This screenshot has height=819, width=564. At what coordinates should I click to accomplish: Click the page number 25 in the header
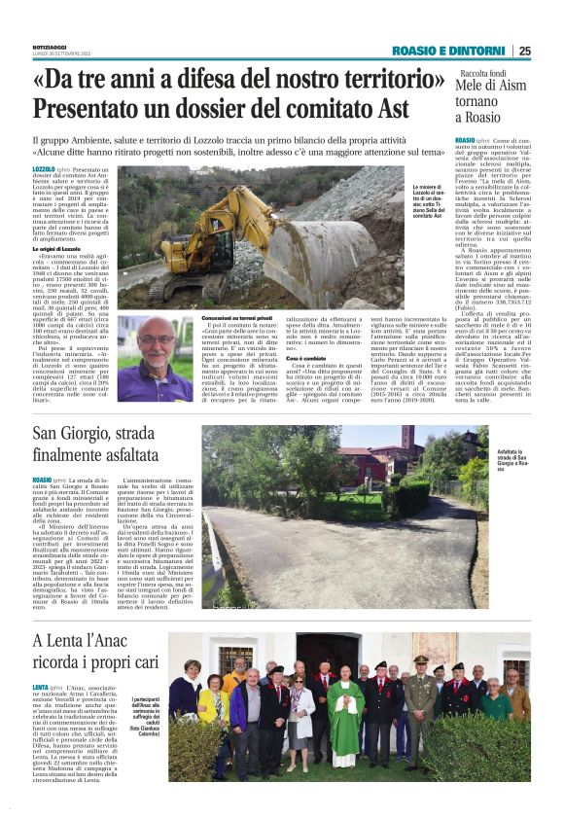[524, 51]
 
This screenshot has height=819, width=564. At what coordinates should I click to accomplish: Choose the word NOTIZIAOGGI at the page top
[52, 45]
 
